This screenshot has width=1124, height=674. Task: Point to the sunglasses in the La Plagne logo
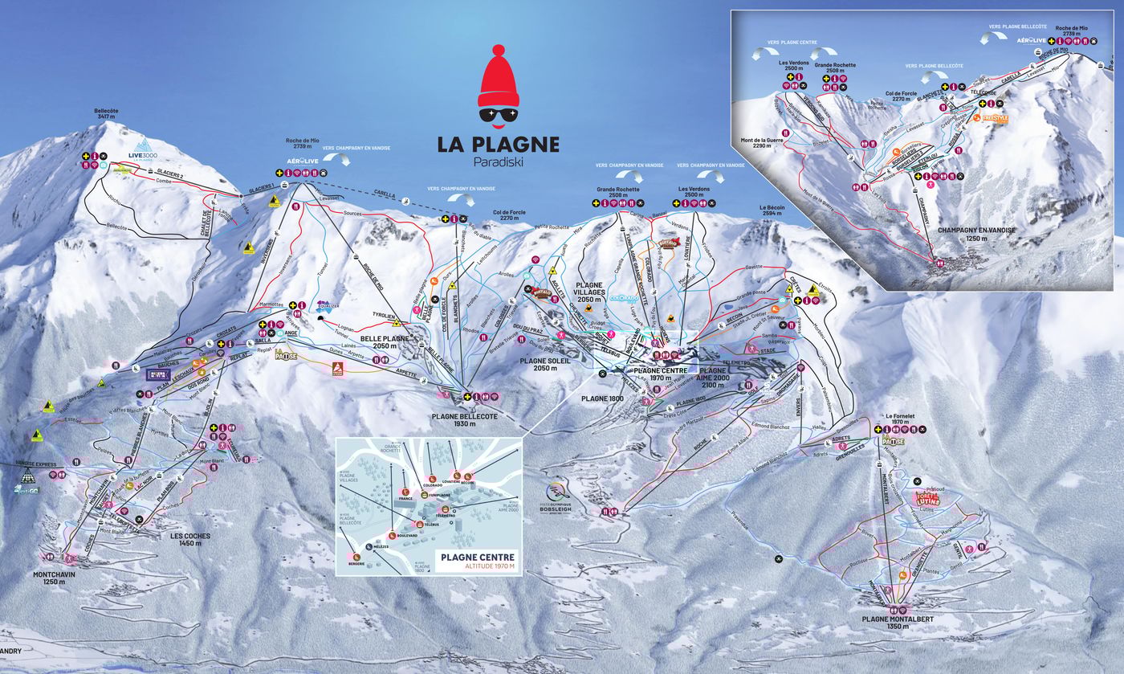pyautogui.click(x=499, y=115)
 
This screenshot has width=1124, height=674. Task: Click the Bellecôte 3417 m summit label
pyautogui.click(x=105, y=113)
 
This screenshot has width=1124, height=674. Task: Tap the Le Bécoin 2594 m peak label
pyautogui.click(x=772, y=210)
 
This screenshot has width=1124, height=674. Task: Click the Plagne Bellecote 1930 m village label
pyautogui.click(x=465, y=419)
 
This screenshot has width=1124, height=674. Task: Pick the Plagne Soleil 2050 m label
pyautogui.click(x=544, y=365)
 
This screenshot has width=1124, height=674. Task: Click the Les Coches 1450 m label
pyautogui.click(x=189, y=539)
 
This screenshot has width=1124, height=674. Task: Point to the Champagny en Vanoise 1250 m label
pyautogui.click(x=981, y=234)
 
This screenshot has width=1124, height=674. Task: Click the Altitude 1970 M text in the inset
pyautogui.click(x=477, y=567)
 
